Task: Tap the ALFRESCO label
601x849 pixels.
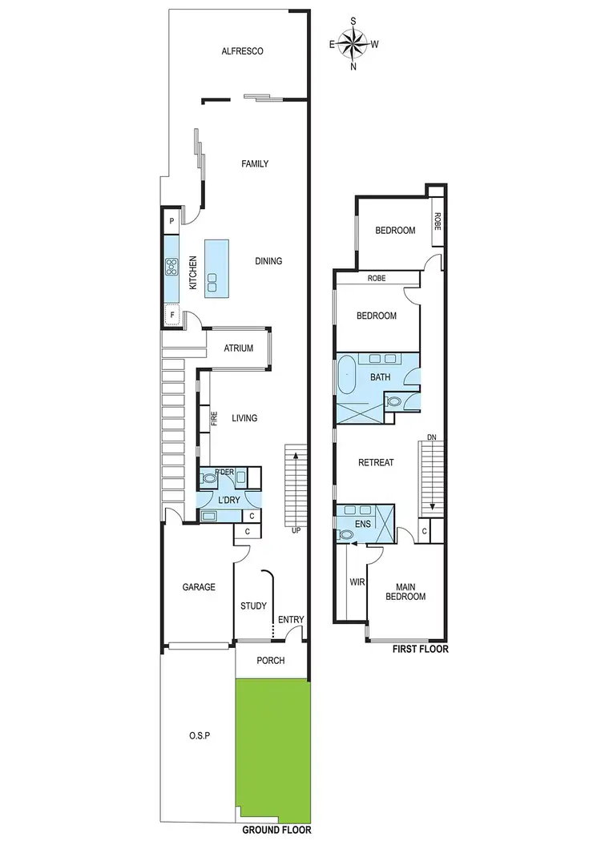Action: point(243,52)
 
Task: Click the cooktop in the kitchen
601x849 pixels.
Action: point(171,267)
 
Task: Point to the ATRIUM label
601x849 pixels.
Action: point(238,348)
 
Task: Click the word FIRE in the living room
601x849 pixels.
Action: point(214,418)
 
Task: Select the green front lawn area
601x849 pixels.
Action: point(272,750)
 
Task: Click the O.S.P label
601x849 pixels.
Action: point(200,735)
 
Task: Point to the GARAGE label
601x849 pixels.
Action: point(199,587)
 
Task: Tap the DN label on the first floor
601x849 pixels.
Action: point(431,437)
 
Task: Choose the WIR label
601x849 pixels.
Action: point(356,583)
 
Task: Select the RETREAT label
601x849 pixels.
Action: point(376,462)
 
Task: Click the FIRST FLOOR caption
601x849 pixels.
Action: point(420,650)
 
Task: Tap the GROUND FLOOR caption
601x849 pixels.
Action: point(276,831)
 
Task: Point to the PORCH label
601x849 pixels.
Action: point(271,661)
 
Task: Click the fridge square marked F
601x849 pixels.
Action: point(171,316)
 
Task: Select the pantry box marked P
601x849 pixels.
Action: point(171,220)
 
